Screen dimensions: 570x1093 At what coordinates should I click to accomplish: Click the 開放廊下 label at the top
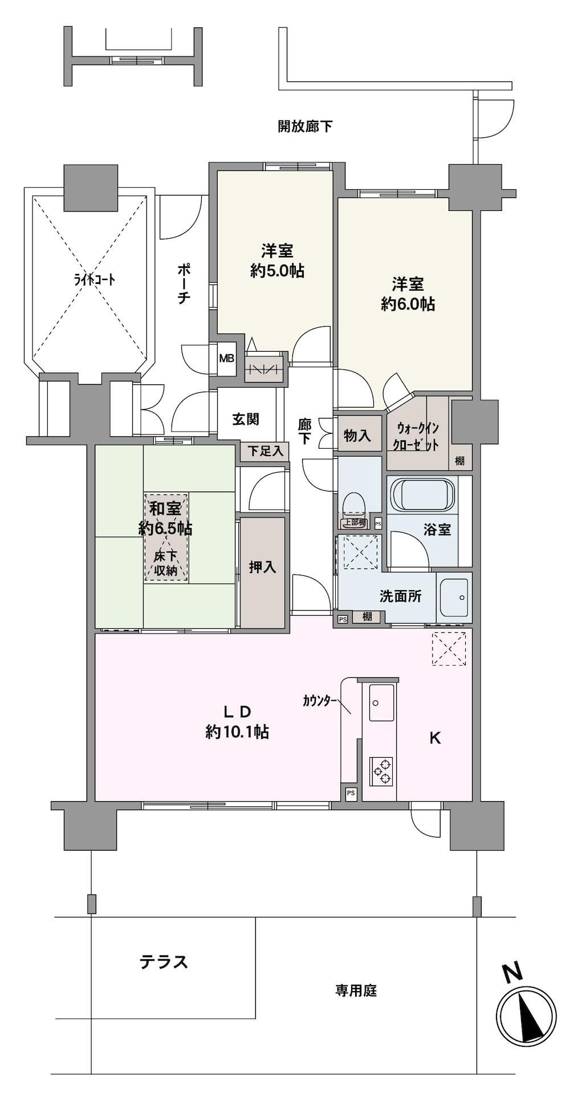(305, 126)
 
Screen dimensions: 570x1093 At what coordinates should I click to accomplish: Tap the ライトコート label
(87, 279)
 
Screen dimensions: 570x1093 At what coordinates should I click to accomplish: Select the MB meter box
(227, 359)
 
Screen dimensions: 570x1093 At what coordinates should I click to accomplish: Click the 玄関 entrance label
(246, 419)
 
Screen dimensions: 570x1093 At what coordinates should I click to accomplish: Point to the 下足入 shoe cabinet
(265, 451)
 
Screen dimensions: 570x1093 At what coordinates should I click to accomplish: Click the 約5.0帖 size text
(277, 271)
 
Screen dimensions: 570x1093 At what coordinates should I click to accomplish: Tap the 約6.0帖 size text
(408, 304)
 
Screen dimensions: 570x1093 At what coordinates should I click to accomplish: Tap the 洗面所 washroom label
(401, 596)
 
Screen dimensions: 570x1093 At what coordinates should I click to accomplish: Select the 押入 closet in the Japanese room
(262, 572)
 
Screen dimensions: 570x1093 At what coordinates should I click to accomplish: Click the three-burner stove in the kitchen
(381, 770)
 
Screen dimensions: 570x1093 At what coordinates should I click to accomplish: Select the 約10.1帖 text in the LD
(237, 732)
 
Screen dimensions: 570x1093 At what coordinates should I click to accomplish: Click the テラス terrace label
(164, 962)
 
